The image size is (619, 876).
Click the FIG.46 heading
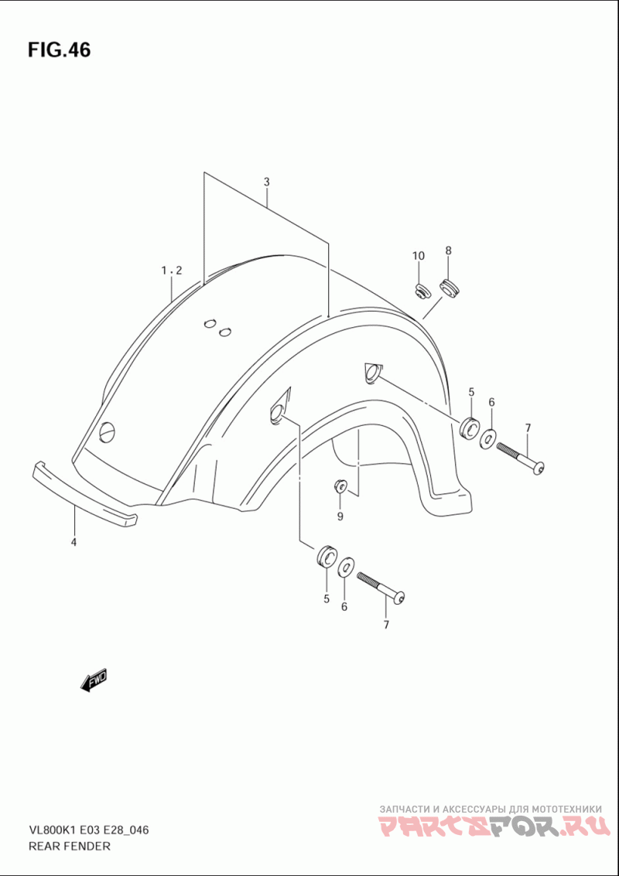click(x=59, y=49)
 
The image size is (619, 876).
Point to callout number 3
click(x=267, y=182)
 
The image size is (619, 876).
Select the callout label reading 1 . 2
click(x=172, y=271)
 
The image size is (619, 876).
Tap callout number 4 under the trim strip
click(x=74, y=542)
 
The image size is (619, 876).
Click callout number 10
click(x=419, y=256)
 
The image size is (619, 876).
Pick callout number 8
click(x=448, y=251)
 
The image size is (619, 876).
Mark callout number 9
click(x=340, y=516)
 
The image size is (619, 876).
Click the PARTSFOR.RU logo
click(x=493, y=827)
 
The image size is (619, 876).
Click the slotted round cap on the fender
click(x=108, y=432)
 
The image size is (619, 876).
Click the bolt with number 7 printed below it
click(x=380, y=587)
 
